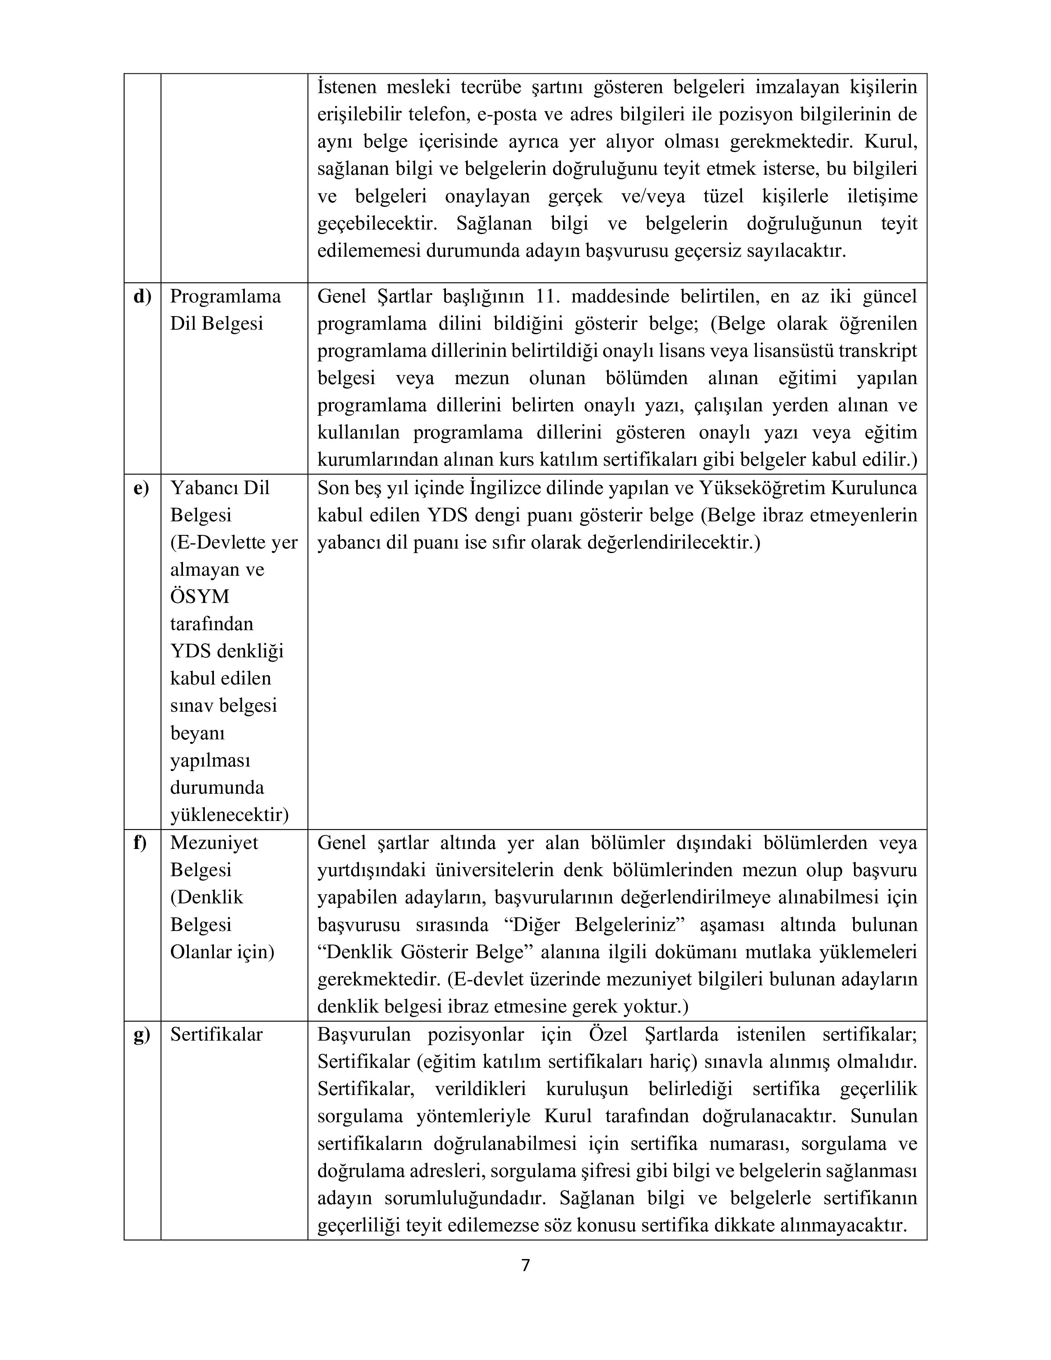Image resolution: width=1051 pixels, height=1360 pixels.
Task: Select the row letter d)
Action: click(142, 297)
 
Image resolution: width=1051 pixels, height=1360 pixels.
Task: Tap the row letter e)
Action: click(141, 489)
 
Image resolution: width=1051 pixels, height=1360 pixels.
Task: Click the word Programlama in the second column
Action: click(225, 297)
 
